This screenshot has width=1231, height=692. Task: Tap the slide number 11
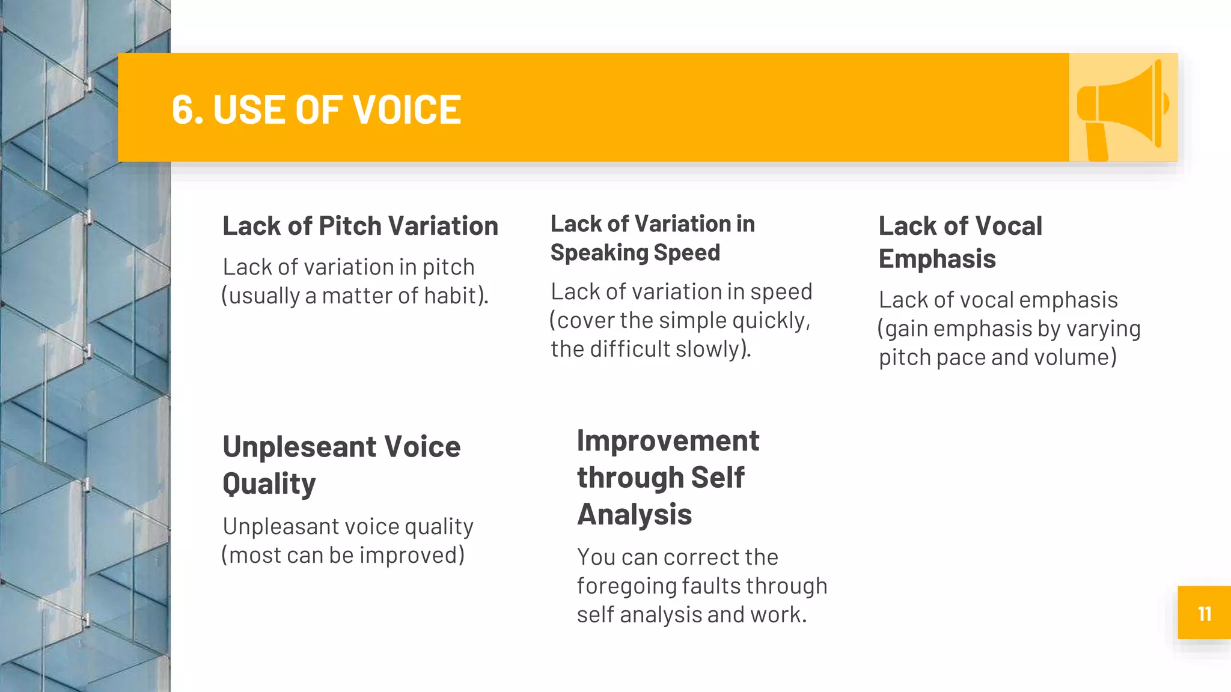tap(1204, 613)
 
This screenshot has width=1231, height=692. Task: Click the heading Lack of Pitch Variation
tap(360, 226)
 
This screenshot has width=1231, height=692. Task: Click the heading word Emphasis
tap(937, 259)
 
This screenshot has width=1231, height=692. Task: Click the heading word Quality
tap(269, 484)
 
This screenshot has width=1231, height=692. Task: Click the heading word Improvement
tap(668, 441)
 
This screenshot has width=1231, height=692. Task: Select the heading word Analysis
tap(634, 515)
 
